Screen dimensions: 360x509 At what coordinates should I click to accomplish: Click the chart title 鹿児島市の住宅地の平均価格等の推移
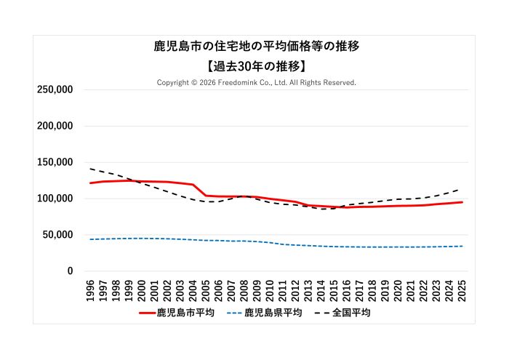(257, 46)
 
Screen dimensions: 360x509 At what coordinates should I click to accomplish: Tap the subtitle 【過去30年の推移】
(257, 65)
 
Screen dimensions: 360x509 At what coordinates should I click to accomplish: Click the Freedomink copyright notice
(257, 83)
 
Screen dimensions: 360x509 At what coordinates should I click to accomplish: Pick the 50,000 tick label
(57, 235)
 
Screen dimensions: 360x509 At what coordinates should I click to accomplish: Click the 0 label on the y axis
(70, 271)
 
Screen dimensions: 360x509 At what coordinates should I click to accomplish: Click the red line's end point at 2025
(462, 202)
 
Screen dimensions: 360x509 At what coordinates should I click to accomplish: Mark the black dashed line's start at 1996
(90, 169)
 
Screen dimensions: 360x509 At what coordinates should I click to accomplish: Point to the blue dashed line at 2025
(462, 246)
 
